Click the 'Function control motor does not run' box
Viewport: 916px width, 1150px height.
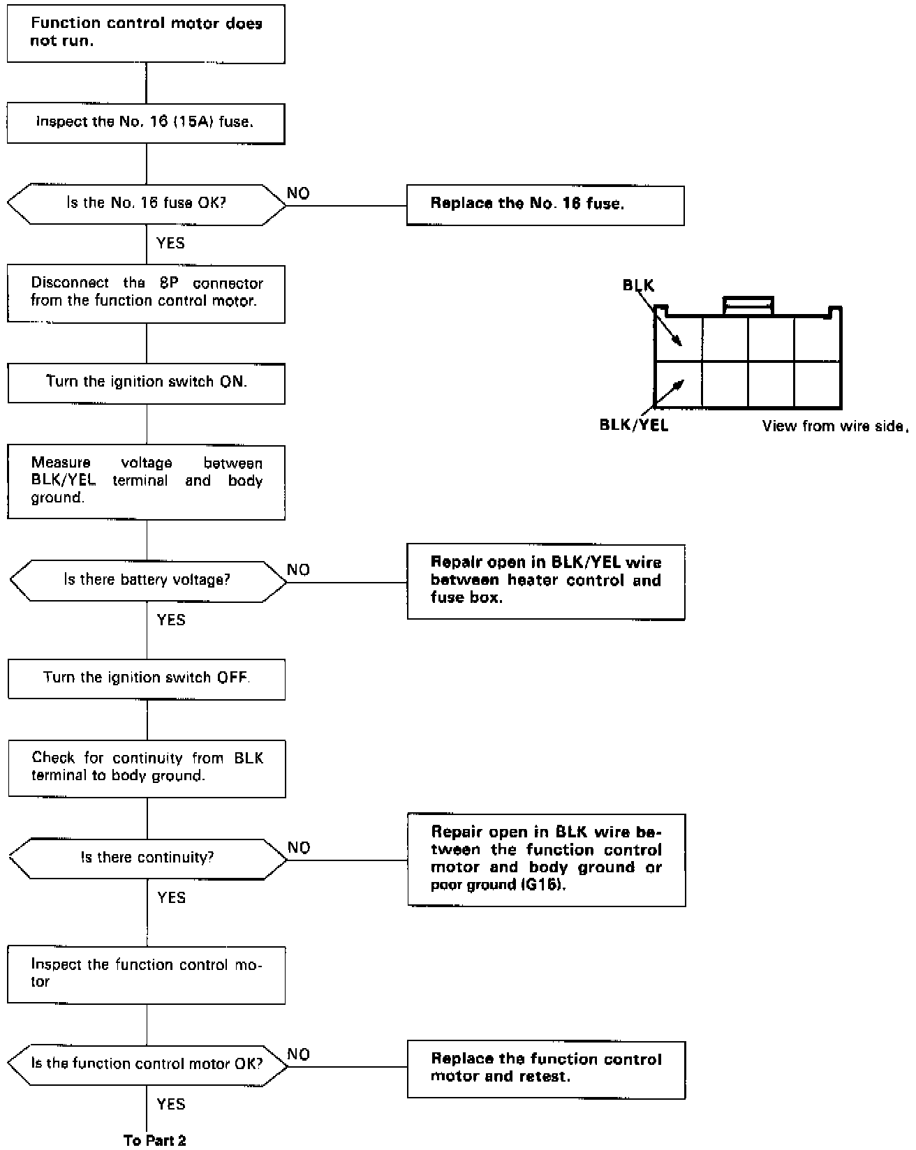point(146,33)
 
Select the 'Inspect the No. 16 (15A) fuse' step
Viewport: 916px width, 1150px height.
point(146,123)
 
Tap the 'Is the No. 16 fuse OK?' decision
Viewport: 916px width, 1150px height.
point(146,204)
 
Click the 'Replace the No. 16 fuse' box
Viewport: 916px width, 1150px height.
point(545,204)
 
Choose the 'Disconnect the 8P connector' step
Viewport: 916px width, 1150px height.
point(146,293)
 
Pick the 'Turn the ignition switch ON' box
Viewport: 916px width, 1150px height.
point(146,382)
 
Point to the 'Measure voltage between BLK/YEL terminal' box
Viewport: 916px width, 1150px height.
point(146,481)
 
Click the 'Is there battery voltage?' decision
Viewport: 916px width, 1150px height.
point(147,581)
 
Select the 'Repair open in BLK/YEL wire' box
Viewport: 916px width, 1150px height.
point(545,581)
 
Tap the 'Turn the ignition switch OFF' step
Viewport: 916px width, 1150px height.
point(147,678)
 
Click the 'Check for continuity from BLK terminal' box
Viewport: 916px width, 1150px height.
point(147,768)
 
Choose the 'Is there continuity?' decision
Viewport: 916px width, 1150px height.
point(147,858)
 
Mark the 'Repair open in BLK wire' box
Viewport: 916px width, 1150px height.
point(546,859)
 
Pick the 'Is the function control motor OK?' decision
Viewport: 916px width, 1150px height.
point(147,1064)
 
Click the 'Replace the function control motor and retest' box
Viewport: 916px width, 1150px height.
point(546,1069)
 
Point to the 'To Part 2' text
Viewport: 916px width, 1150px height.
point(155,1140)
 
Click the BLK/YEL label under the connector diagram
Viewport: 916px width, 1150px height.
point(633,425)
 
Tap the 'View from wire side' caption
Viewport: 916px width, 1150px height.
point(834,426)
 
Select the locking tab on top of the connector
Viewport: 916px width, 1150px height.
point(748,306)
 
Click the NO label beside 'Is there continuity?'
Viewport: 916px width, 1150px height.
point(299,847)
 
